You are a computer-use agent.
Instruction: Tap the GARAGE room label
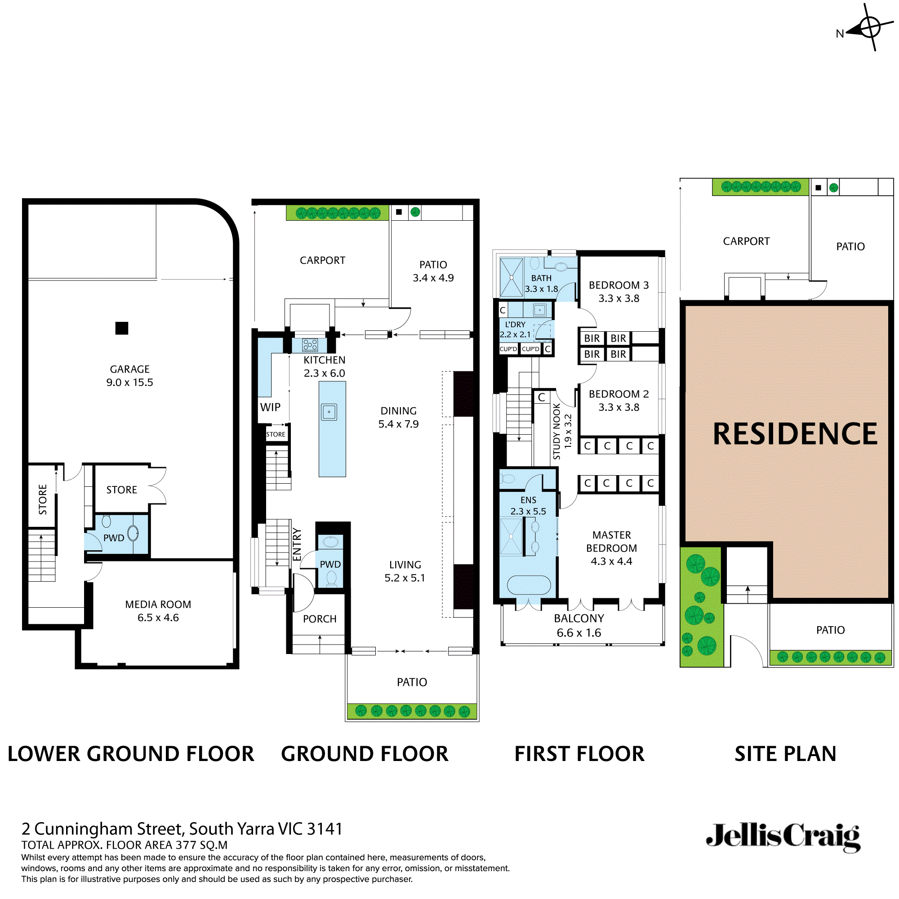(130, 369)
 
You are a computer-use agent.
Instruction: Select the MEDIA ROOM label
(158, 605)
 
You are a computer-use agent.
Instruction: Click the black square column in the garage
(122, 328)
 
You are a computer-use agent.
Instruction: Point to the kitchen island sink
(329, 412)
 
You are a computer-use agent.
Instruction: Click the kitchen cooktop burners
(310, 345)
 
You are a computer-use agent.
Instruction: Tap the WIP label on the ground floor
(270, 407)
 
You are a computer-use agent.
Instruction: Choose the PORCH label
(320, 619)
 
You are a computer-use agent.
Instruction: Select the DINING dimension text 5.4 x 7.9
(398, 424)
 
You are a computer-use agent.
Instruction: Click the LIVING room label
(405, 565)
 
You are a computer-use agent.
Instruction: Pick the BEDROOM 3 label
(619, 285)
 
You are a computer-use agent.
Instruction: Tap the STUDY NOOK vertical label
(557, 432)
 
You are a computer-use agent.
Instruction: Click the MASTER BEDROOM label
(611, 542)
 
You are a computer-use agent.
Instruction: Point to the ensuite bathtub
(529, 585)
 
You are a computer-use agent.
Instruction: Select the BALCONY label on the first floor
(579, 619)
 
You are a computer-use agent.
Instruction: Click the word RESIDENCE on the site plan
(795, 434)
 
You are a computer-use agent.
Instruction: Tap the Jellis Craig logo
(783, 837)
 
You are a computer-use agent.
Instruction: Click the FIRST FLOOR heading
(579, 754)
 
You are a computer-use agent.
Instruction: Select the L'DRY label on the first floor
(515, 325)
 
